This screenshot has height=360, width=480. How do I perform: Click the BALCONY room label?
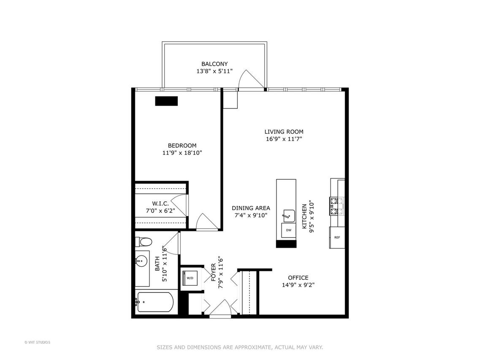[214, 64]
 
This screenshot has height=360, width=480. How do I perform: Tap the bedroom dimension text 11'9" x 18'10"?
[182, 152]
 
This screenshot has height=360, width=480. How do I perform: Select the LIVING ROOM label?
[284, 132]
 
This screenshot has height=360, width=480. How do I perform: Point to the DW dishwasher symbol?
[289, 230]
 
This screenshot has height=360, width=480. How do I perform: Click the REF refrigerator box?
[337, 237]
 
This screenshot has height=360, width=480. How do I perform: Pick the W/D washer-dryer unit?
[190, 278]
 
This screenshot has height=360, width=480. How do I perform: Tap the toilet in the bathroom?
[144, 242]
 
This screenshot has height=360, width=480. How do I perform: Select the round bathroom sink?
[141, 262]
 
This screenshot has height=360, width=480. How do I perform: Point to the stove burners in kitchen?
[333, 206]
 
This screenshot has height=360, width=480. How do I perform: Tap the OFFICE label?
[298, 278]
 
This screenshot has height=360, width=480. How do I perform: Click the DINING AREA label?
[251, 208]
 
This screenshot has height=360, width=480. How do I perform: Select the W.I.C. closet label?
[160, 203]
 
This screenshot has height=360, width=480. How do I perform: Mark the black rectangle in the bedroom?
[166, 101]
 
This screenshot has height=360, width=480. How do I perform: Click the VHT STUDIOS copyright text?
[37, 342]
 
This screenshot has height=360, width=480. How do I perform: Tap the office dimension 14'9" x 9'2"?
[298, 285]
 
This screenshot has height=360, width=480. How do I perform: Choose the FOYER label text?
[214, 273]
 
